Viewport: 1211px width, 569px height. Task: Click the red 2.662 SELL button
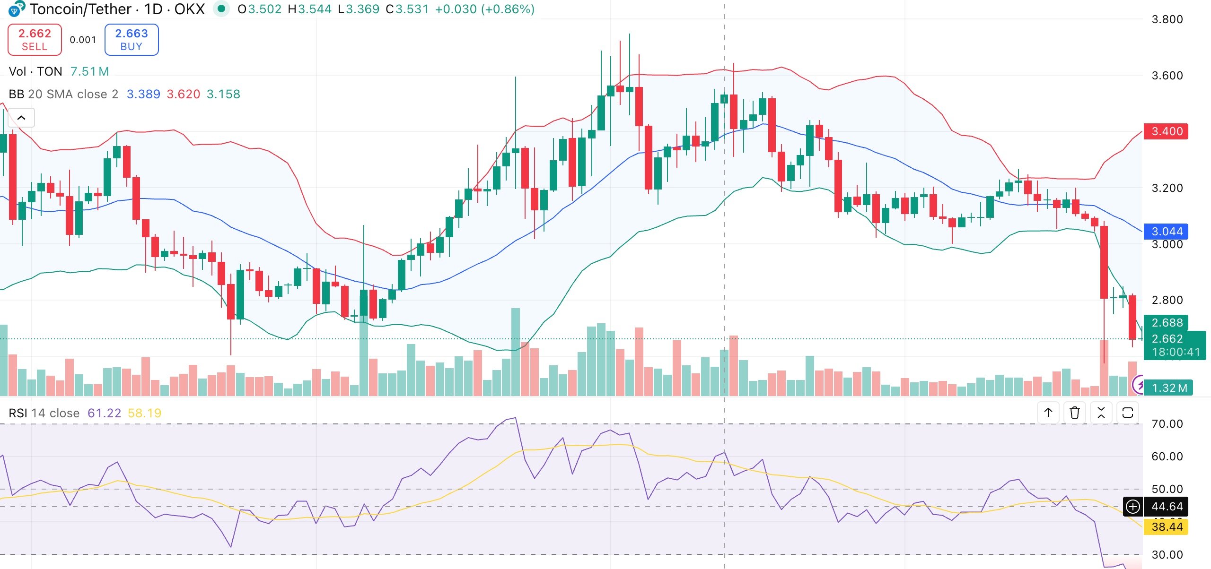pyautogui.click(x=35, y=40)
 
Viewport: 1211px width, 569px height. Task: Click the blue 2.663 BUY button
pyautogui.click(x=132, y=40)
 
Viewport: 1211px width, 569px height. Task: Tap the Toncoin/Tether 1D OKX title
pyautogui.click(x=117, y=9)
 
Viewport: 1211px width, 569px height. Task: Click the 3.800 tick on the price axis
pyautogui.click(x=1167, y=19)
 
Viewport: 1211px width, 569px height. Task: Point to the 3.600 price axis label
pyautogui.click(x=1167, y=76)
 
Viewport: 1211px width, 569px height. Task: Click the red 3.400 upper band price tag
pyautogui.click(x=1166, y=131)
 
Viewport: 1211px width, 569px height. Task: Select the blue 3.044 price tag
pyautogui.click(x=1166, y=232)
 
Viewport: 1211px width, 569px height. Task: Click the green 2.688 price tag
pyautogui.click(x=1167, y=323)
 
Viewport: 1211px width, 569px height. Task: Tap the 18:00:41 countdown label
pyautogui.click(x=1176, y=352)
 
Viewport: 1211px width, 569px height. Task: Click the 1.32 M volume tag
pyautogui.click(x=1169, y=388)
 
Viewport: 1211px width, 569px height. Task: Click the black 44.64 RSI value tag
pyautogui.click(x=1167, y=507)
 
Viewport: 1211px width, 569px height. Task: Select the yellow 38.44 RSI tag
pyautogui.click(x=1167, y=526)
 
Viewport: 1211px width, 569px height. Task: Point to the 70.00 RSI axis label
pyautogui.click(x=1167, y=424)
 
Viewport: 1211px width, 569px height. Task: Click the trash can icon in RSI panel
pyautogui.click(x=1074, y=413)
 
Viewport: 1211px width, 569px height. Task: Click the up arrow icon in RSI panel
pyautogui.click(x=1048, y=413)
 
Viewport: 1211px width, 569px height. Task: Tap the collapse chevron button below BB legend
pyautogui.click(x=21, y=118)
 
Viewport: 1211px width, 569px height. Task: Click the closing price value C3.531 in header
pyautogui.click(x=407, y=9)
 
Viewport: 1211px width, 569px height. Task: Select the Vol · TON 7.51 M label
pyautogui.click(x=59, y=71)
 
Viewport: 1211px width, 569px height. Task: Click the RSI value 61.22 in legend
pyautogui.click(x=104, y=413)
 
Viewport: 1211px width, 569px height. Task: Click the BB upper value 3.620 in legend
pyautogui.click(x=183, y=94)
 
